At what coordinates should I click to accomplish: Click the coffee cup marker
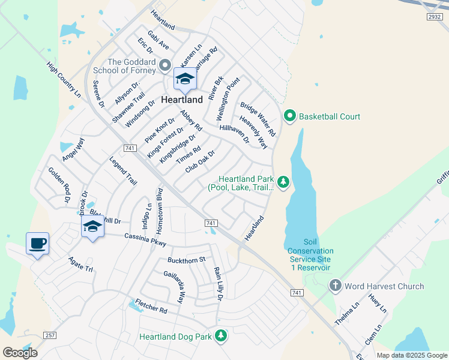(37, 244)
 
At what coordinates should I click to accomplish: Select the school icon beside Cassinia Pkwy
(92, 227)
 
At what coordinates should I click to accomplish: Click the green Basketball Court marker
(289, 115)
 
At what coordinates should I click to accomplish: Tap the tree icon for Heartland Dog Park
(221, 336)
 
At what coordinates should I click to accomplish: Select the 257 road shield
(51, 334)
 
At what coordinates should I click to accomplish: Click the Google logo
(20, 352)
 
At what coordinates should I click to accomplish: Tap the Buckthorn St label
(186, 259)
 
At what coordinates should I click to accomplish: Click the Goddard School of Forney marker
(166, 64)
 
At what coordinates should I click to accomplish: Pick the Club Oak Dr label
(200, 161)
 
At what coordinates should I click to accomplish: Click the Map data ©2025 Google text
(411, 355)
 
